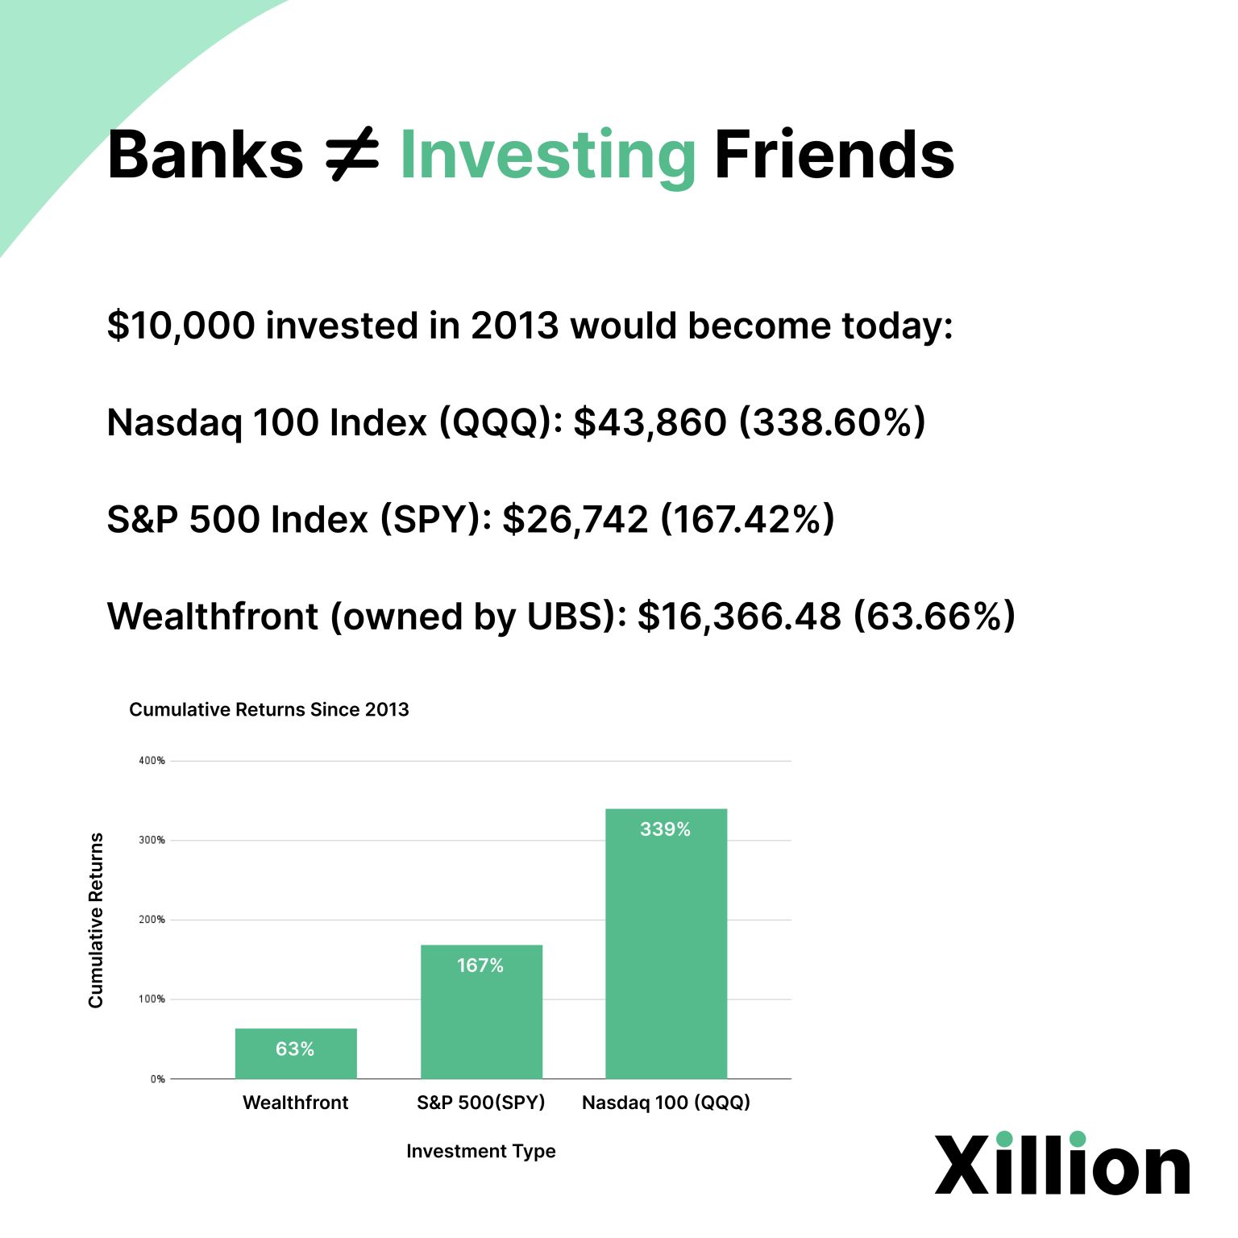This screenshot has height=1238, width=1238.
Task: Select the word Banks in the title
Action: tap(206, 154)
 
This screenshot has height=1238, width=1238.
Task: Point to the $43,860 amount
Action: tap(650, 422)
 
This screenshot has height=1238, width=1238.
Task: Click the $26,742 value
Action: tap(575, 519)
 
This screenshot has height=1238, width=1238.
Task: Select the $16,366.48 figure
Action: tap(739, 617)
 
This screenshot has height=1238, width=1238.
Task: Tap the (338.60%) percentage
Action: tap(833, 422)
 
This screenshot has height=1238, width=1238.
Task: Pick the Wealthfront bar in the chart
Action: tap(296, 1053)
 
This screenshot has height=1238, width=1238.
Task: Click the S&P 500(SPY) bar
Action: tap(481, 1012)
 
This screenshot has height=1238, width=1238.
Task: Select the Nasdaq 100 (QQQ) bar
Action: tap(667, 944)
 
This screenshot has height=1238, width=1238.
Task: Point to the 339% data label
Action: tap(665, 829)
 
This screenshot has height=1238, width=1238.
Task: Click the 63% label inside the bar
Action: tap(295, 1049)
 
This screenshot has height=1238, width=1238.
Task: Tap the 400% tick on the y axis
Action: tap(152, 761)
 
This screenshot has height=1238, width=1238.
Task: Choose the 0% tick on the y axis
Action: tap(158, 1079)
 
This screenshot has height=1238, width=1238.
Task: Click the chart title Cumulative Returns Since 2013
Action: tap(269, 709)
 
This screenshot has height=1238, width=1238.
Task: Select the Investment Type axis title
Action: tap(481, 1151)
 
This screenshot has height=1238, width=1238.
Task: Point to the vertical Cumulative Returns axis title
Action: tap(96, 920)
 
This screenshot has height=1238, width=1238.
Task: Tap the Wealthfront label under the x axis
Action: tap(296, 1103)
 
